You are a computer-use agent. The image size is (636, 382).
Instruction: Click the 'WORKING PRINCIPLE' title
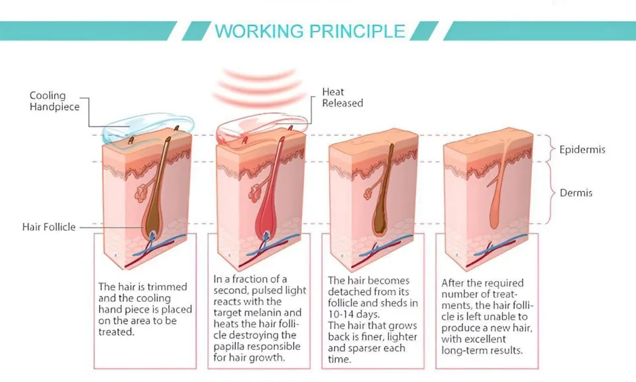tap(310, 31)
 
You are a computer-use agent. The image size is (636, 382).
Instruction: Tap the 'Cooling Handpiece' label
tap(54, 101)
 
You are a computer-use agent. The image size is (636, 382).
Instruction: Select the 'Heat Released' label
tap(342, 97)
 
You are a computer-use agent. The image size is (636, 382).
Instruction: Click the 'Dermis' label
tap(576, 193)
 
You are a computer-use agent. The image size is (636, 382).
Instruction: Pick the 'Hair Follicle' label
tap(49, 227)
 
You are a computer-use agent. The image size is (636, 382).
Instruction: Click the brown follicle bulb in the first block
tap(152, 219)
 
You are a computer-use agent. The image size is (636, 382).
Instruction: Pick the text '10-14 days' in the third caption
tap(352, 314)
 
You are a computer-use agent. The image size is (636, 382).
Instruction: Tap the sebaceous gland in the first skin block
tap(141, 192)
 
